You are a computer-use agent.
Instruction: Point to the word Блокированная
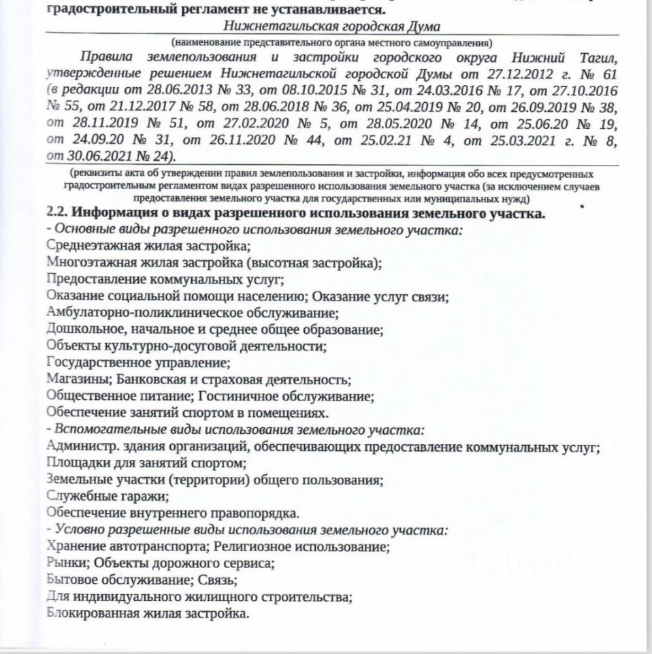tap(89, 613)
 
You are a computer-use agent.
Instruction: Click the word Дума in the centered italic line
tap(423, 27)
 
